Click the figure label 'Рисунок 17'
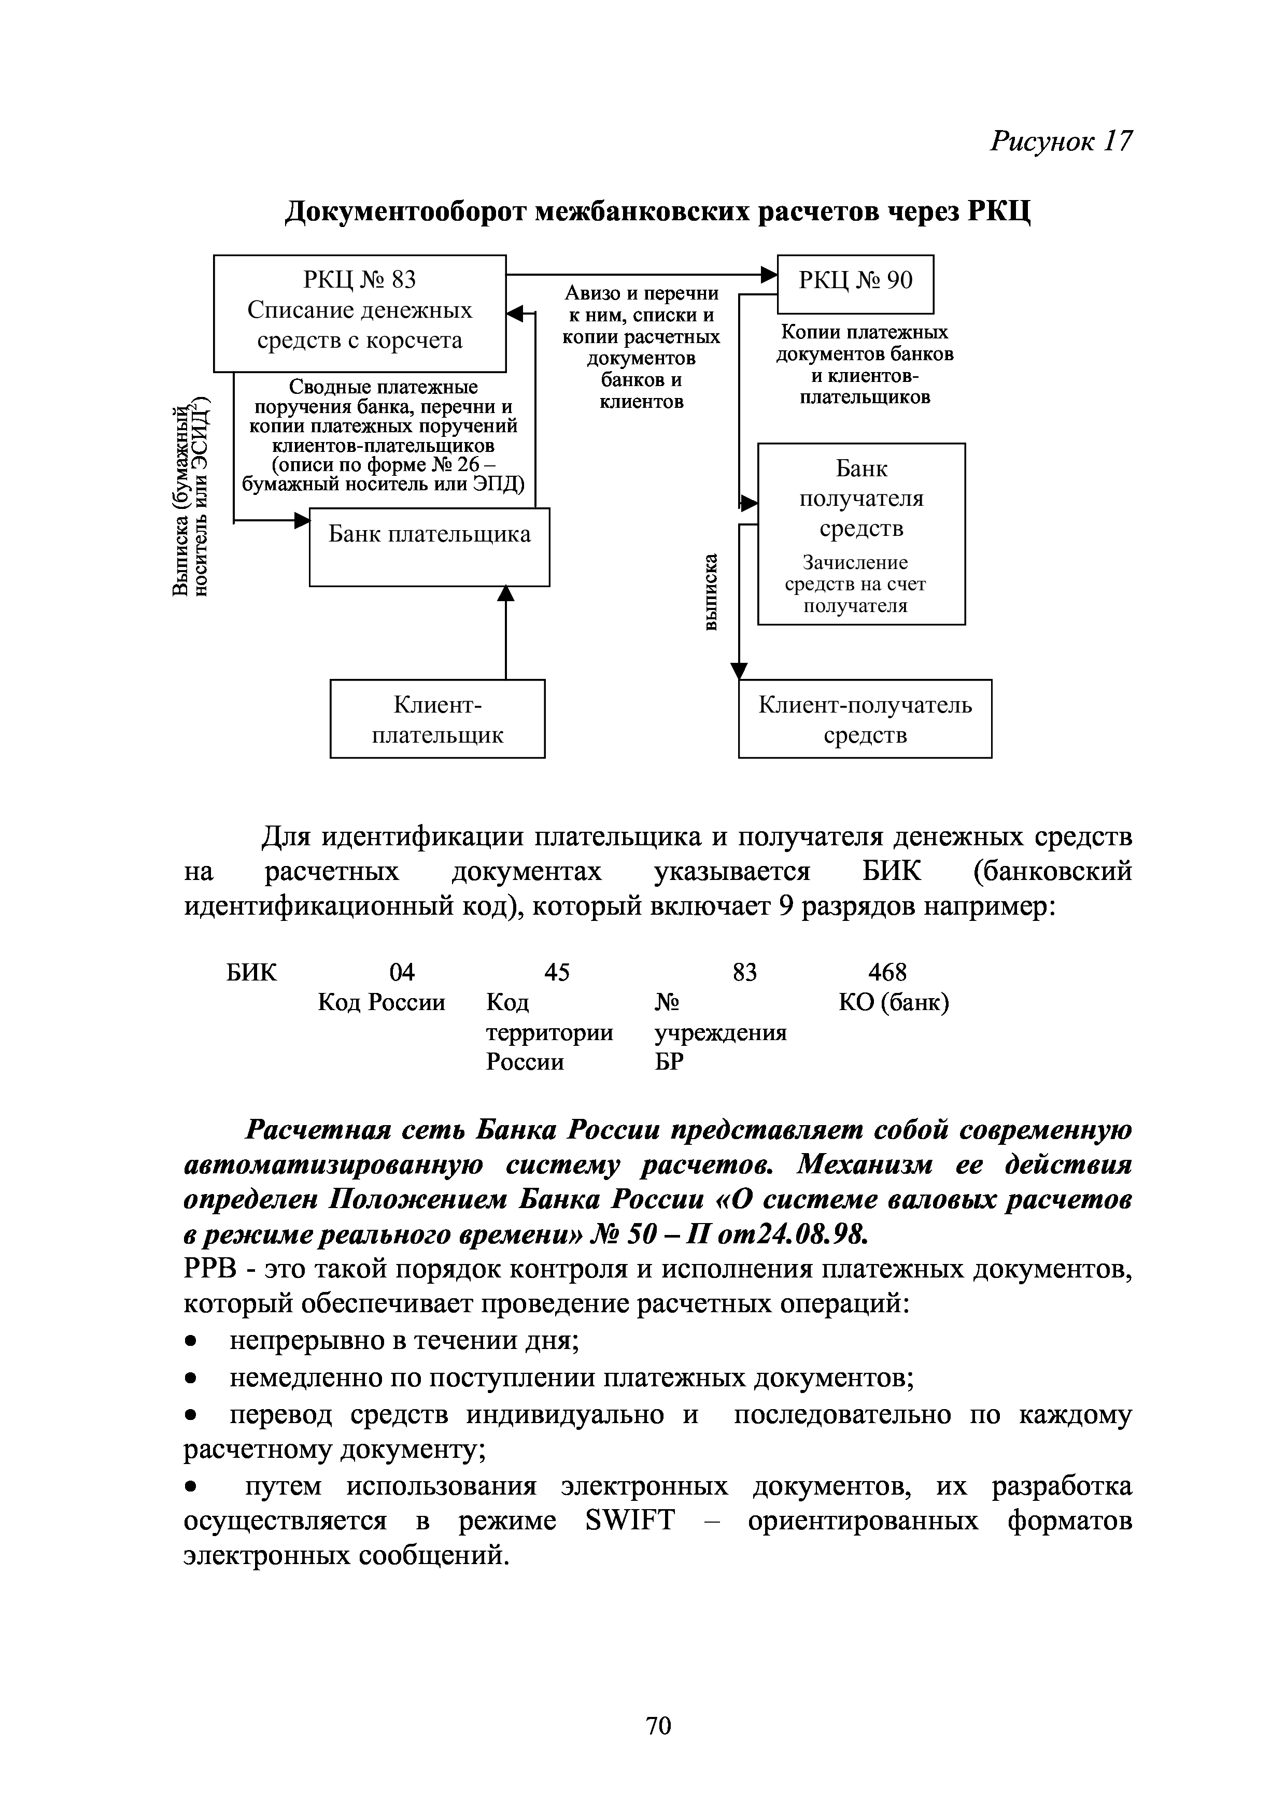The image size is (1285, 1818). [1061, 141]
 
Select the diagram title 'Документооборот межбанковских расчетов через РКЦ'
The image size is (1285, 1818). [658, 211]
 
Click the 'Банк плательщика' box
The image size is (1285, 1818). [429, 546]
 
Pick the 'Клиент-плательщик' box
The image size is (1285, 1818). [437, 718]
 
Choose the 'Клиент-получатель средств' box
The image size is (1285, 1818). [865, 718]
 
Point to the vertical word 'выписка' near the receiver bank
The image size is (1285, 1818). [712, 591]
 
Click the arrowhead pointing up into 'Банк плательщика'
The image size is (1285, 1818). [505, 593]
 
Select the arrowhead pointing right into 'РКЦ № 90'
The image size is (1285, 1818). [769, 275]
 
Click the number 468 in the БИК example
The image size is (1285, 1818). [887, 972]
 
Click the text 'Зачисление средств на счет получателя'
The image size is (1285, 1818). [855, 585]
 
